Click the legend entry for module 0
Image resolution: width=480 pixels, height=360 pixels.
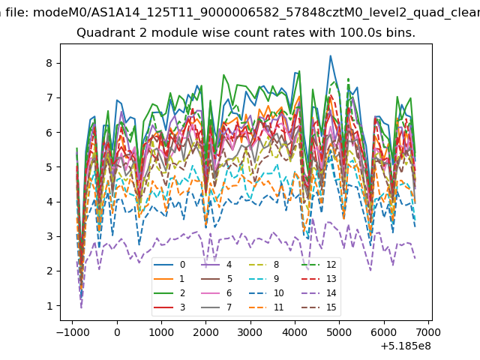point(169,265)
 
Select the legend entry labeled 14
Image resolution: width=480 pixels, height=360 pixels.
point(319,293)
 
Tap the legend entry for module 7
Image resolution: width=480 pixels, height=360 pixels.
point(217,307)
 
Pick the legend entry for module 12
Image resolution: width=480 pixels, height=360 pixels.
point(319,265)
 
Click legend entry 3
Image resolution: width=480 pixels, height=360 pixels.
point(169,307)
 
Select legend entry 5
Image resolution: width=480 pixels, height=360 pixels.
point(217,278)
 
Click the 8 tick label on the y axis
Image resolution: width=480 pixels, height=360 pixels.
point(49,63)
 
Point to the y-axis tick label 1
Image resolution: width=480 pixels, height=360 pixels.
point(49,306)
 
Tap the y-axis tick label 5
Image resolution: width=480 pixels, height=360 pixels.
point(49,167)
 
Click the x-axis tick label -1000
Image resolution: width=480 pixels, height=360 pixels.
point(73,332)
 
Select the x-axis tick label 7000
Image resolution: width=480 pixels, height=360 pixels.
point(428,332)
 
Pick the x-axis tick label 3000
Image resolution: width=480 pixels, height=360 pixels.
point(250,332)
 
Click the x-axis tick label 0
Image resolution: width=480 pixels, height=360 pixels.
point(117,332)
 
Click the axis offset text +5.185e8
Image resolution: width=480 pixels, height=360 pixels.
point(406,346)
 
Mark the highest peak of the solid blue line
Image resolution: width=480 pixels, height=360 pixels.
point(331,55)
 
